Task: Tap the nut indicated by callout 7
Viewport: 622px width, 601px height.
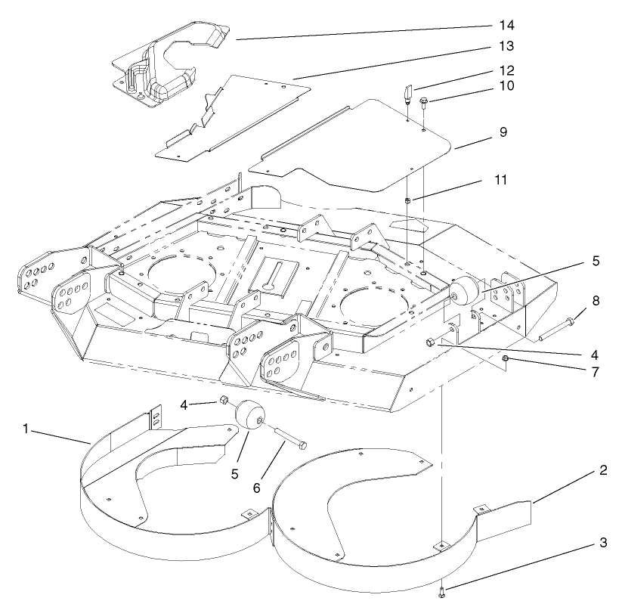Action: [x=506, y=359]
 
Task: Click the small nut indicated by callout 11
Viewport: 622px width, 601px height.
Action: [x=407, y=200]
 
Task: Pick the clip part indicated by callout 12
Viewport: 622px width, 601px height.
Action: [x=407, y=94]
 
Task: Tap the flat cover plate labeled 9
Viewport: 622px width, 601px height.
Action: [x=355, y=144]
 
